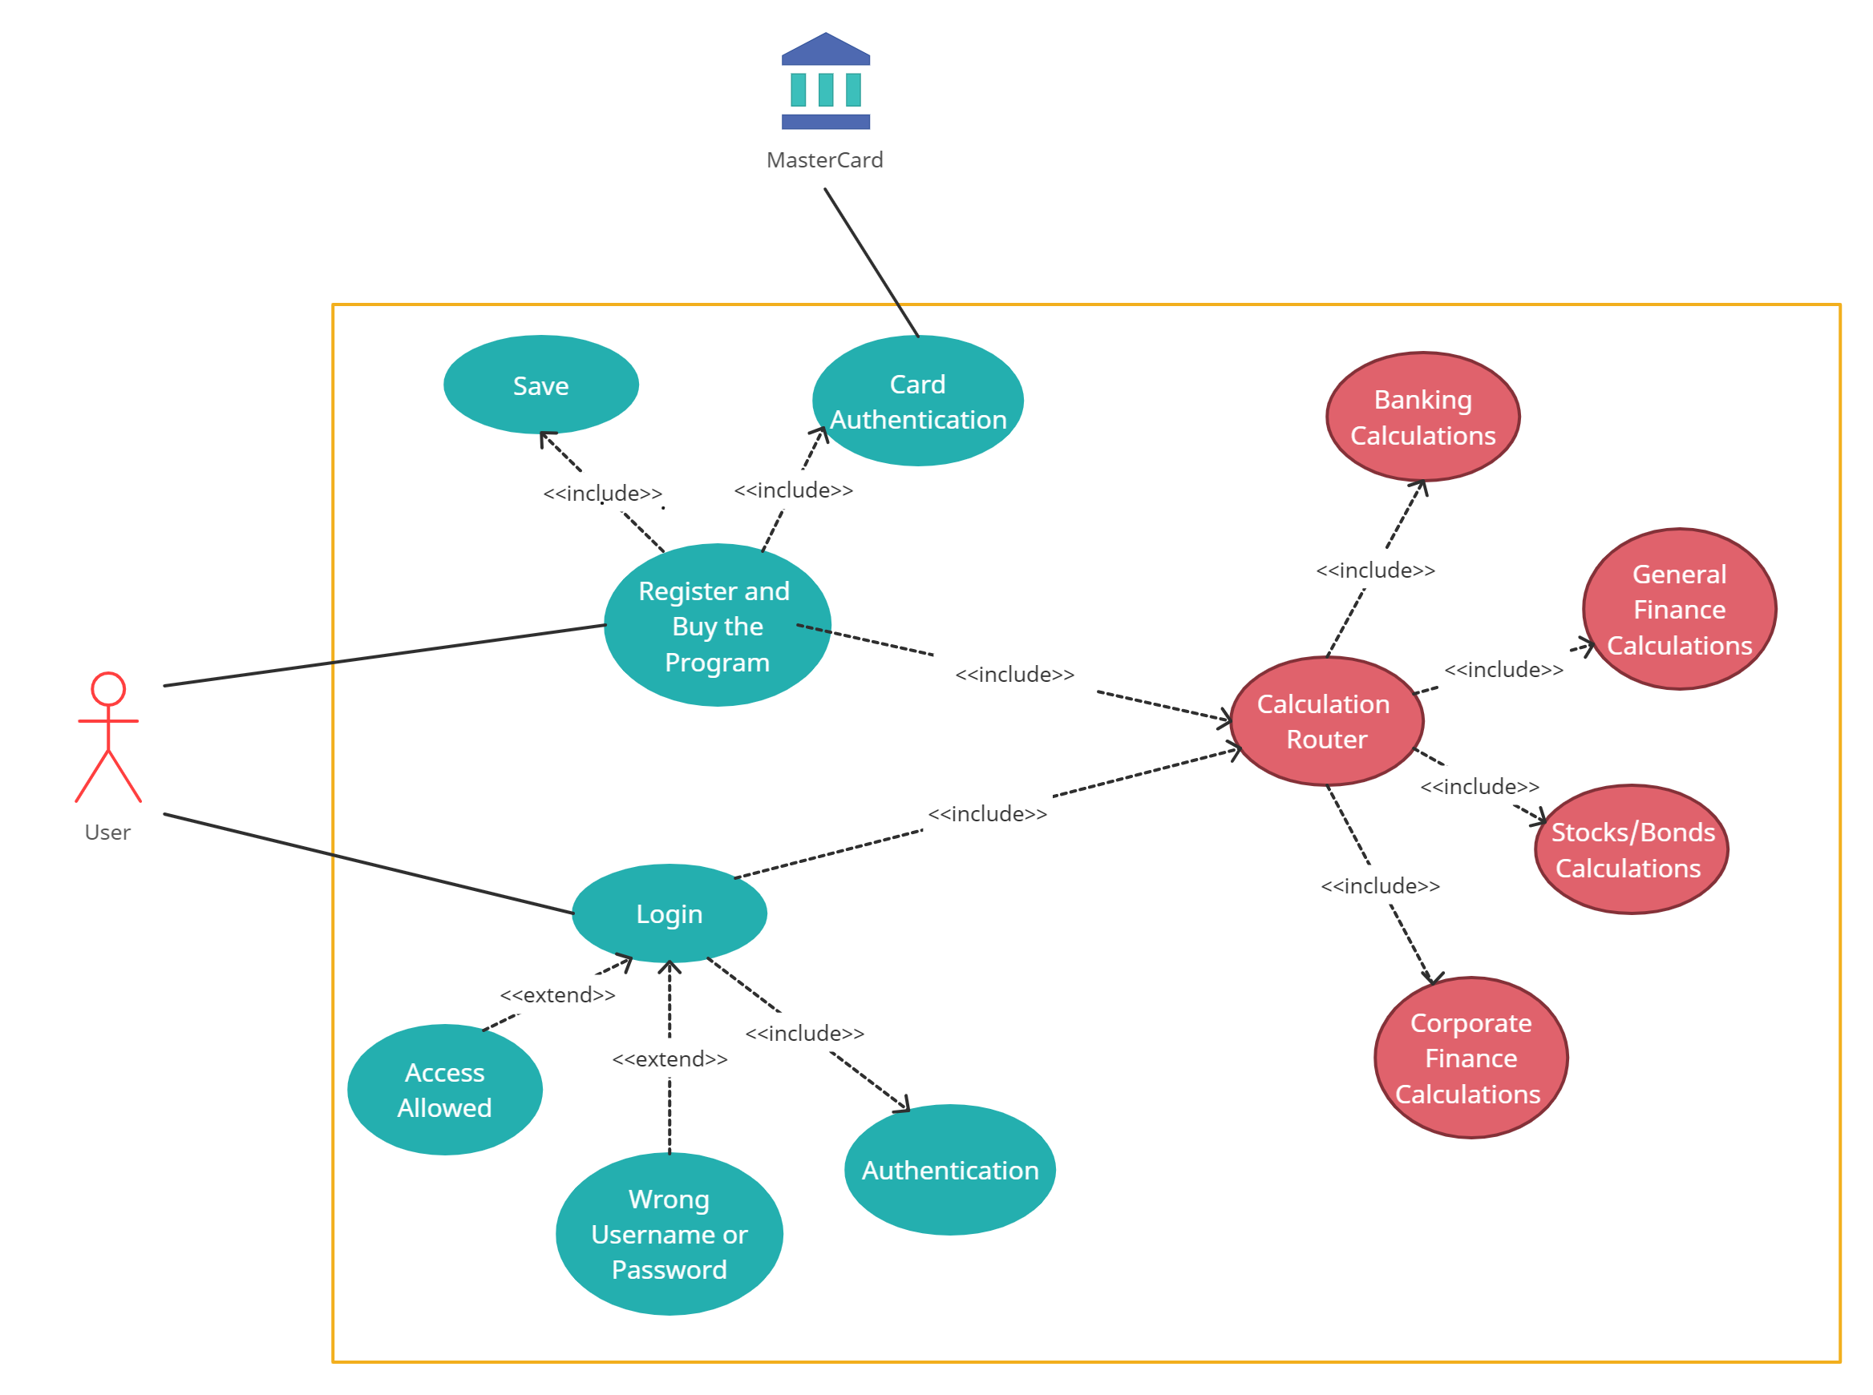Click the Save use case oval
coord(540,385)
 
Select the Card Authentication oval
coord(917,401)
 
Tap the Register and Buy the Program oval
coord(718,626)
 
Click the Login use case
coord(670,913)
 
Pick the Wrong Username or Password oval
coord(670,1234)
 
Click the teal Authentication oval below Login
coord(949,1171)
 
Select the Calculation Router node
coord(1326,721)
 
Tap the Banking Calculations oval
coord(1422,417)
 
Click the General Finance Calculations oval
coord(1679,609)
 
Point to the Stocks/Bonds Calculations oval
coord(1631,849)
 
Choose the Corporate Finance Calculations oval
coord(1470,1058)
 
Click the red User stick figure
coord(108,736)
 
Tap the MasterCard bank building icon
coord(825,82)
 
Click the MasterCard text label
coord(824,159)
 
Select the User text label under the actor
coord(107,833)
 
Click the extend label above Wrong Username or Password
coord(670,1059)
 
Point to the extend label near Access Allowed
coord(557,994)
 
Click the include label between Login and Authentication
coord(804,1034)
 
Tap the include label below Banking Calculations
coord(1375,570)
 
